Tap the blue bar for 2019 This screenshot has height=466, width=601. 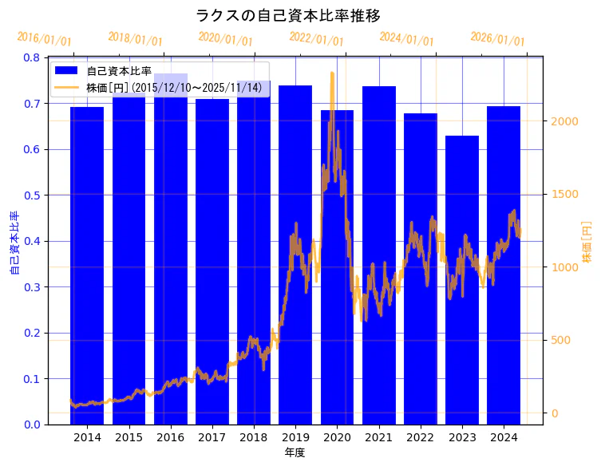click(295, 255)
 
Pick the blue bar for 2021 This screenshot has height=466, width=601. click(379, 255)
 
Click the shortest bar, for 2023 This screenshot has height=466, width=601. click(462, 280)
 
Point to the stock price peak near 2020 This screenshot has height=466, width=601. click(332, 73)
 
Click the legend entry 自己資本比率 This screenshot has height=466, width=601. click(119, 71)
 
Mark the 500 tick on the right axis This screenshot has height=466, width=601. click(560, 341)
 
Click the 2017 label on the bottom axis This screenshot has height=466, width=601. click(212, 438)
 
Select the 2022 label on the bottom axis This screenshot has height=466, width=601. click(420, 438)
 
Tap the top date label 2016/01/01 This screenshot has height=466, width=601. click(45, 39)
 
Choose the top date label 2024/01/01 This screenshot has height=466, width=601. click(407, 39)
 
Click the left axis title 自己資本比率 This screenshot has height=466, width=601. click(14, 243)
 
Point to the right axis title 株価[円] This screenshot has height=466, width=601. click(587, 243)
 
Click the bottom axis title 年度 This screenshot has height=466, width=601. click(295, 452)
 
